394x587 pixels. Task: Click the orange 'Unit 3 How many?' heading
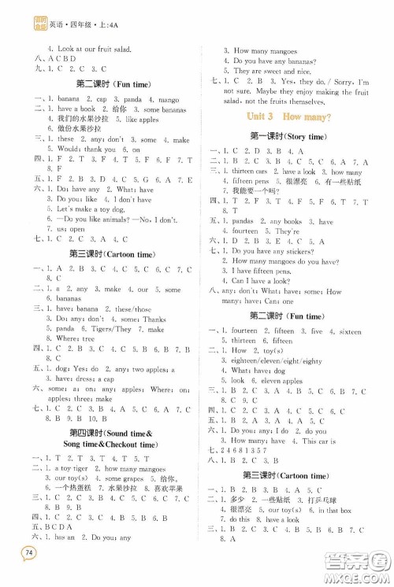tap(284, 116)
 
